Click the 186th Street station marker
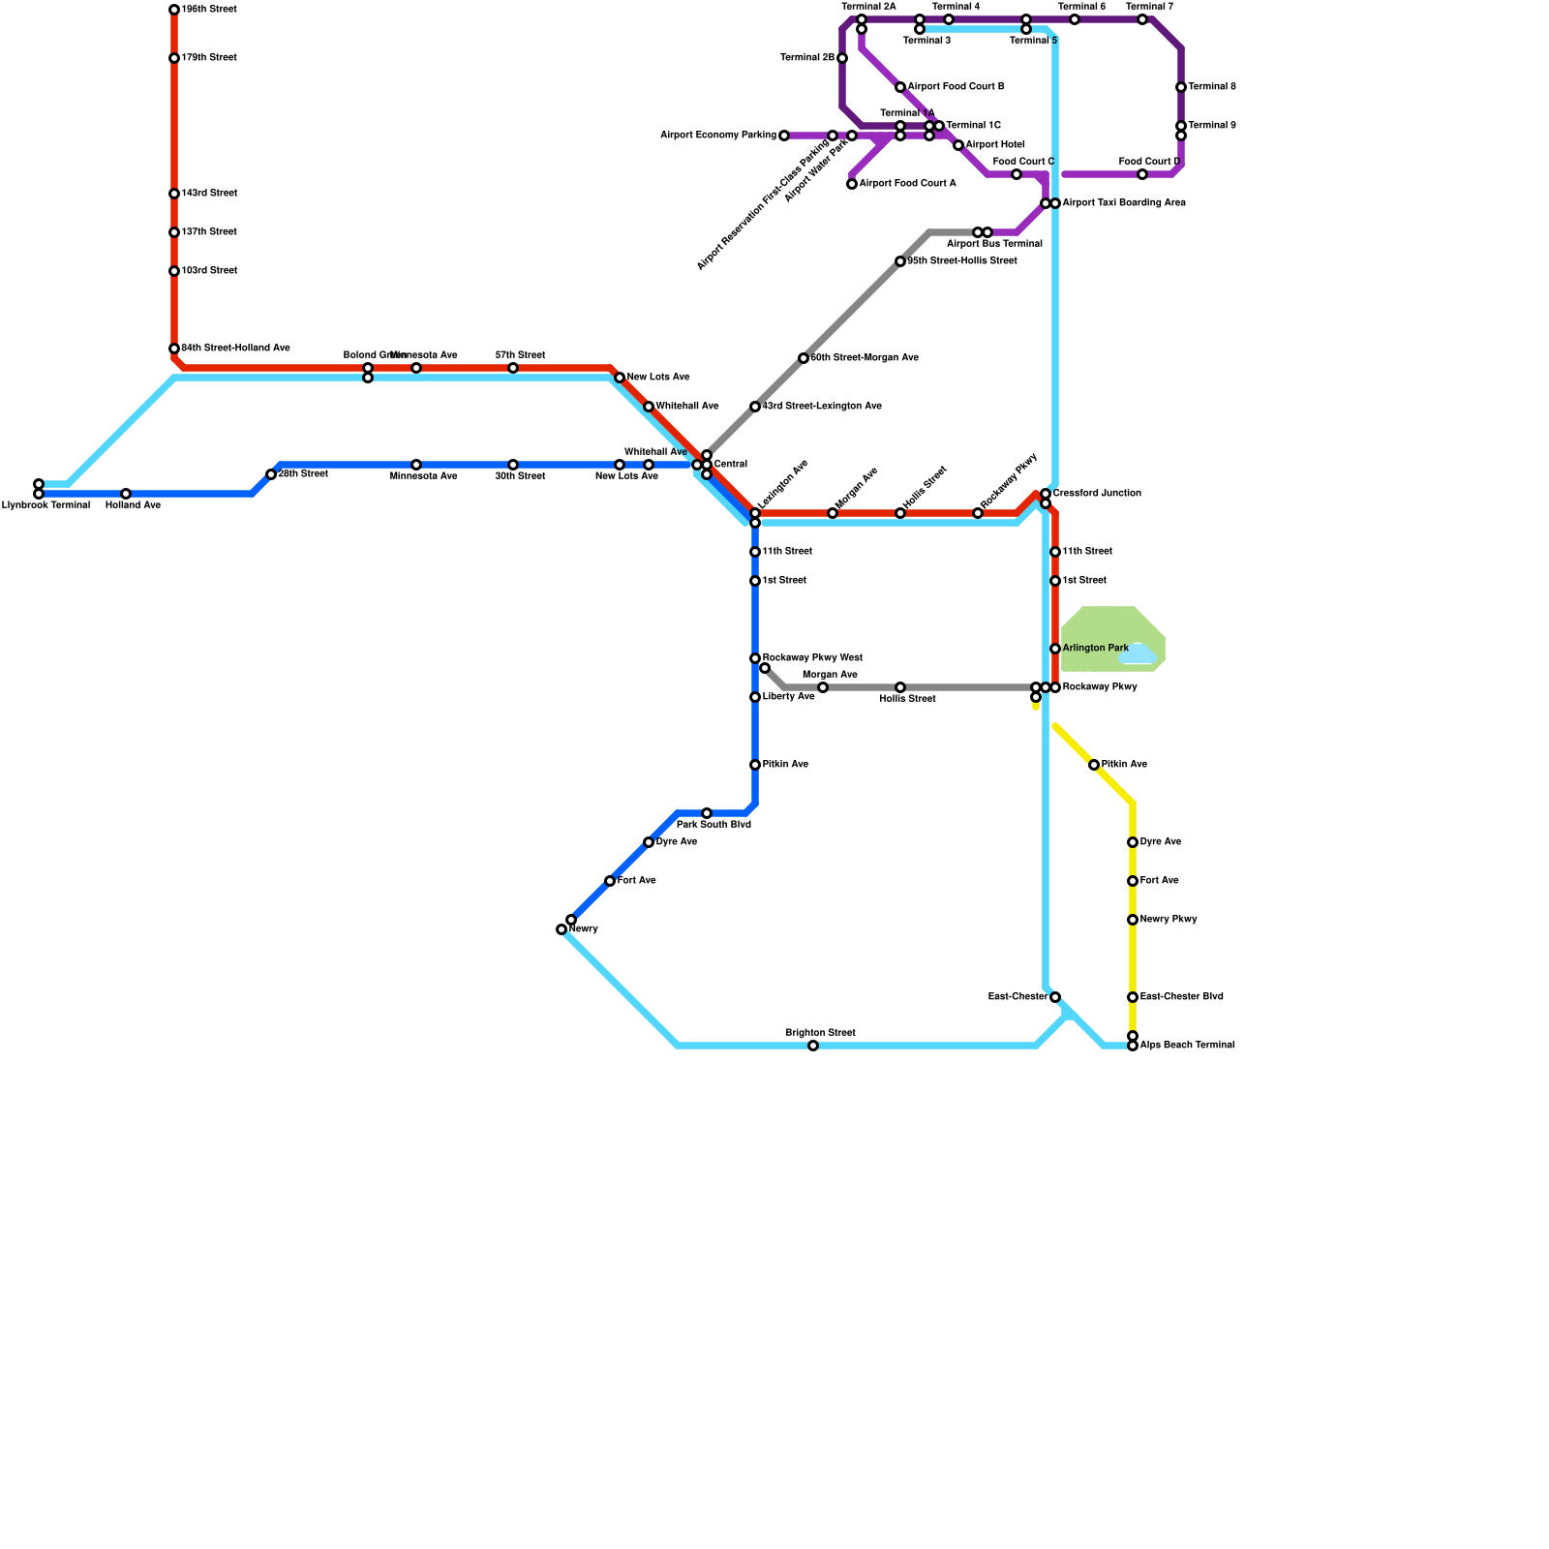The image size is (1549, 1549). coord(174,10)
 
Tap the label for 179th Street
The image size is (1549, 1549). coord(209,58)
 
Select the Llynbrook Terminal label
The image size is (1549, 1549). coord(46,505)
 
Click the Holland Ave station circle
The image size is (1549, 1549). coord(126,494)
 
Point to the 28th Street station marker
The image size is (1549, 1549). coord(271,474)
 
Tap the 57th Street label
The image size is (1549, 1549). coord(520,355)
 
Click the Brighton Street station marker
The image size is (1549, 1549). coord(813,1046)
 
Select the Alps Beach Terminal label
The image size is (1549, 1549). coord(1187,1046)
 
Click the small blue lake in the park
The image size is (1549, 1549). coord(1139,655)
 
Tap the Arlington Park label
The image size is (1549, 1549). coord(1095,648)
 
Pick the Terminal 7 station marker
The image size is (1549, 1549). coord(1142,19)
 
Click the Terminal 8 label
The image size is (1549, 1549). coord(1211,87)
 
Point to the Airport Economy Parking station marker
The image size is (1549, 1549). coord(784,136)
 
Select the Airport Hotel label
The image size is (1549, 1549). coord(994,145)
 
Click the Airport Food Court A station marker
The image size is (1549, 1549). coord(852,184)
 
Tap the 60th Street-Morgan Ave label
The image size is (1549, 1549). coord(865,358)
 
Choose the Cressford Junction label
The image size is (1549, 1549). coord(1097,494)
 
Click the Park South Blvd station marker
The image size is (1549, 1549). coord(707,813)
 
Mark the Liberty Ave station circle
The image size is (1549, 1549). coord(755,697)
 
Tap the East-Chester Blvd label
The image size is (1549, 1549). coord(1181,997)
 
